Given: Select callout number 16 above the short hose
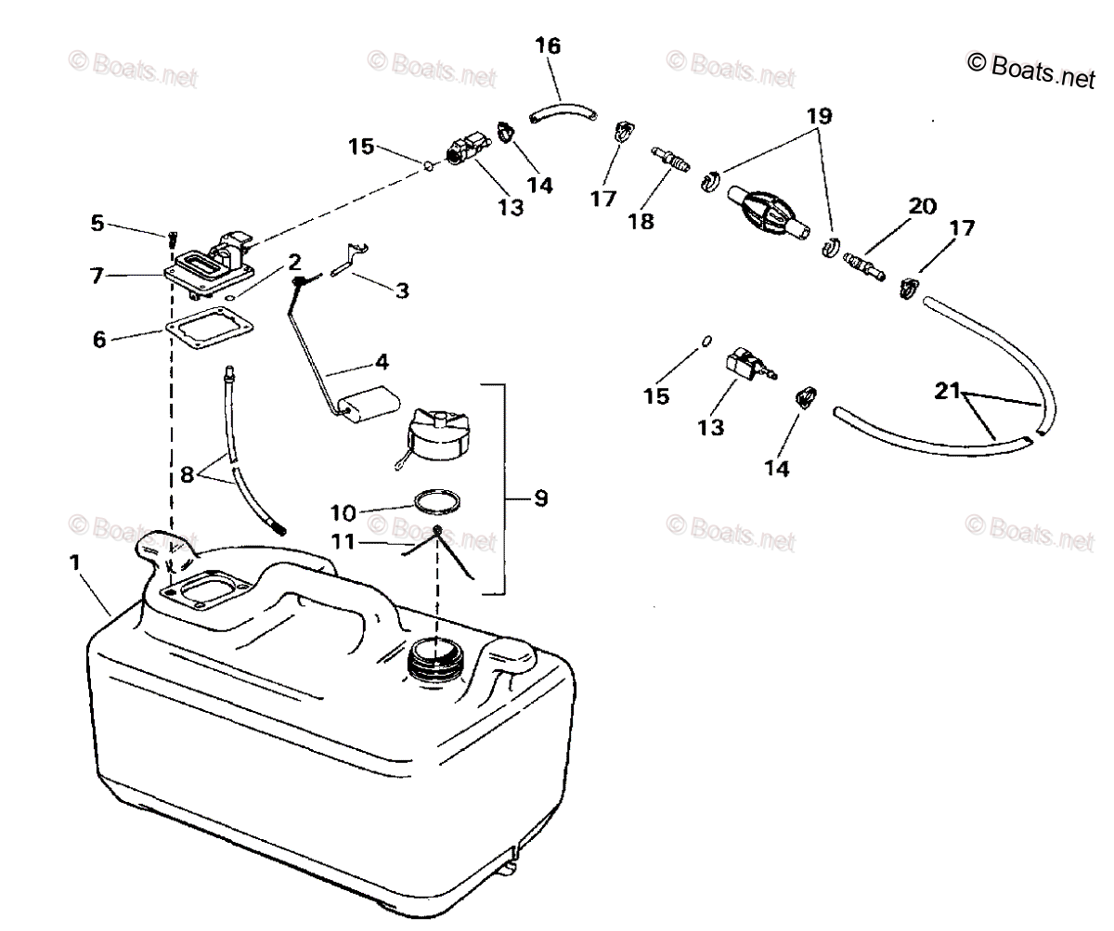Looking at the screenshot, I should click(x=549, y=45).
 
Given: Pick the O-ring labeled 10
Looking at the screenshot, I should click(x=437, y=502).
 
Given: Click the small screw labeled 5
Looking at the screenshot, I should click(x=172, y=241).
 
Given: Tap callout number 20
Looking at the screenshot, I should click(x=922, y=206).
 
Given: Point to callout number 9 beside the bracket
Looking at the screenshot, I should click(x=540, y=499).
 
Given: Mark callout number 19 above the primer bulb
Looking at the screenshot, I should click(x=819, y=117).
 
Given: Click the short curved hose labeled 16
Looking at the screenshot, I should click(x=561, y=113).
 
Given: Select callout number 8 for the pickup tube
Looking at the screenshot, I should click(x=187, y=473).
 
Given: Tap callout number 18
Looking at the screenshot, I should click(x=641, y=221).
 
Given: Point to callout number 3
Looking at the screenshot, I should click(x=401, y=291).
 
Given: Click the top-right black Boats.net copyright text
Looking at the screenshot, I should click(x=1031, y=69).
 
